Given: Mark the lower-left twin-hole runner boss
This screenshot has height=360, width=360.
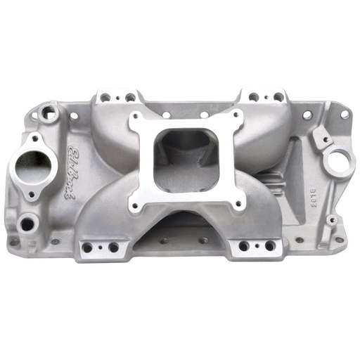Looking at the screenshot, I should (x=101, y=247).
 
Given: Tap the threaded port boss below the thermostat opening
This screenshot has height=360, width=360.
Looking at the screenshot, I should (x=28, y=224).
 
